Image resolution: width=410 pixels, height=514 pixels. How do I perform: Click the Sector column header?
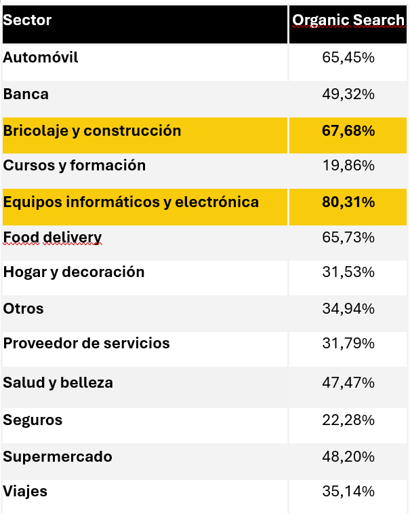28,20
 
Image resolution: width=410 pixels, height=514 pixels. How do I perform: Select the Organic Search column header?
348,20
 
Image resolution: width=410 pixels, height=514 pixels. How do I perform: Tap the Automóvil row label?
41,58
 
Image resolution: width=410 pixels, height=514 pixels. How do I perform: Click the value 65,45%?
348,58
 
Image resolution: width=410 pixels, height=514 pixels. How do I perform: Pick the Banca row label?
26,94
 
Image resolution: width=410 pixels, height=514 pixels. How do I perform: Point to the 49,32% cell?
348,94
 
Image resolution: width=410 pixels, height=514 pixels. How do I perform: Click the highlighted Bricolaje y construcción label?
92,130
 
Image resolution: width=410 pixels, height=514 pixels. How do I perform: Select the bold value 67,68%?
348,130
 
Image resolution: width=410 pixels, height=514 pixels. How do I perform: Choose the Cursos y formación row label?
75,166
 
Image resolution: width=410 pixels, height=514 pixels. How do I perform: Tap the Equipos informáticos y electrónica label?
131,202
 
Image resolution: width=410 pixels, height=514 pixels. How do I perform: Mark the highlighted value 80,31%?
348,202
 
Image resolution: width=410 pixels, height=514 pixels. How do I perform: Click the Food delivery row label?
52,237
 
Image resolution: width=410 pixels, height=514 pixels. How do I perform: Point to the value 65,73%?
348,237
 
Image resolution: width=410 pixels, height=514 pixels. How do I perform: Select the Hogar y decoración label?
74,272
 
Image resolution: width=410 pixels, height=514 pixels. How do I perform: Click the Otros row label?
24,309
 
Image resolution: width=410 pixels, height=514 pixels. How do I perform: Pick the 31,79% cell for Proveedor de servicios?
348,344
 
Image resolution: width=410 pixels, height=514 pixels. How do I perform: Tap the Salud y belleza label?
58,383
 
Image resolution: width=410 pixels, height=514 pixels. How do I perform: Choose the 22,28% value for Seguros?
348,420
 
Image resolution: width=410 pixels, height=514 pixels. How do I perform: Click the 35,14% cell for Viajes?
348,492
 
